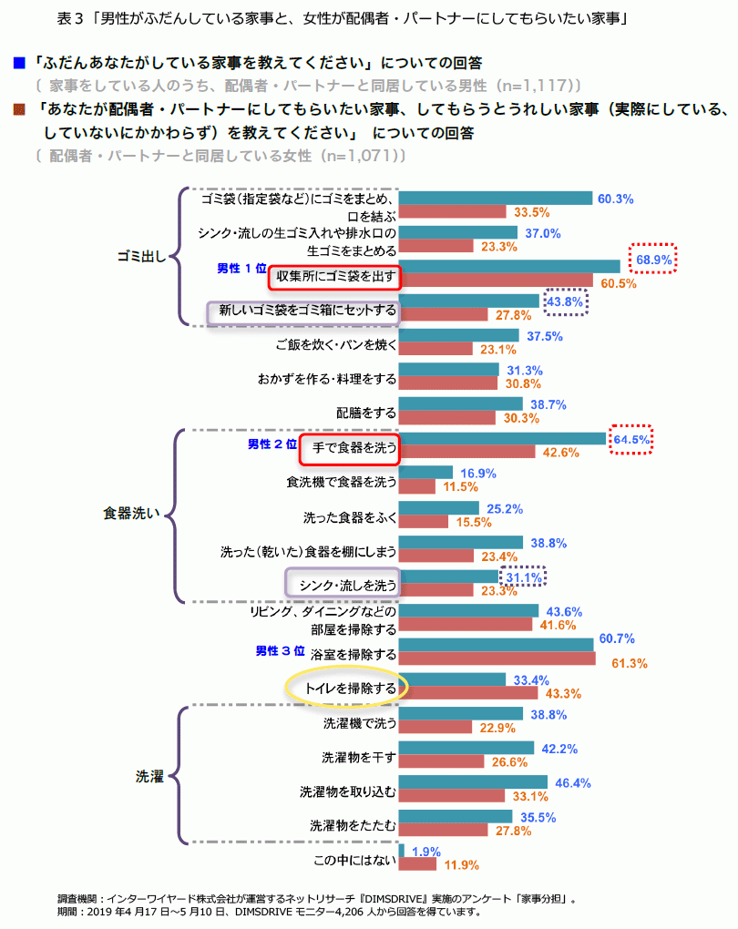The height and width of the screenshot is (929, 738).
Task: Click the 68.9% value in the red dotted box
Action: (653, 260)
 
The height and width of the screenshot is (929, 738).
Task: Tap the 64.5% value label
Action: (632, 439)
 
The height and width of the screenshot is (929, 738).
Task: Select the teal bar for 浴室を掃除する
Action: (497, 645)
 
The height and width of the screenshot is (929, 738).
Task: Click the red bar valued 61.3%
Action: (497, 658)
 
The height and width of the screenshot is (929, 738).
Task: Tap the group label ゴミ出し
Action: (139, 256)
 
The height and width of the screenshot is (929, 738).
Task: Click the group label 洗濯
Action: (149, 776)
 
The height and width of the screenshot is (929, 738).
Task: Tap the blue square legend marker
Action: (18, 63)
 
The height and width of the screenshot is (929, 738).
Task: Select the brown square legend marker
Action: (18, 109)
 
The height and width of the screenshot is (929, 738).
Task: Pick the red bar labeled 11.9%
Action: (418, 863)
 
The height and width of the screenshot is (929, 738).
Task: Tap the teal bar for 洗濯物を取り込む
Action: (473, 782)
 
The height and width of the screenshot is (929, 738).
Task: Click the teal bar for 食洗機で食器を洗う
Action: (425, 473)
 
